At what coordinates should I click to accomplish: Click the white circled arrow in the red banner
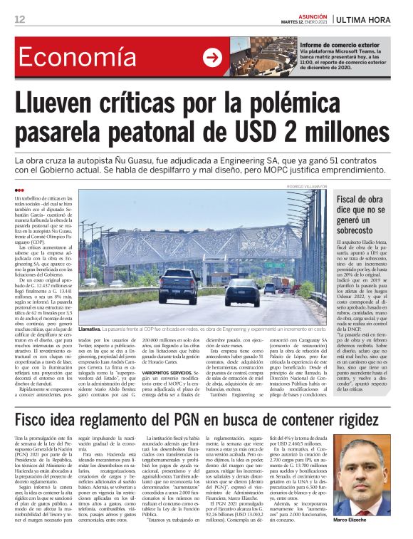212,58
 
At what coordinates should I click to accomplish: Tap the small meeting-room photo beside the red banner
263,58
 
